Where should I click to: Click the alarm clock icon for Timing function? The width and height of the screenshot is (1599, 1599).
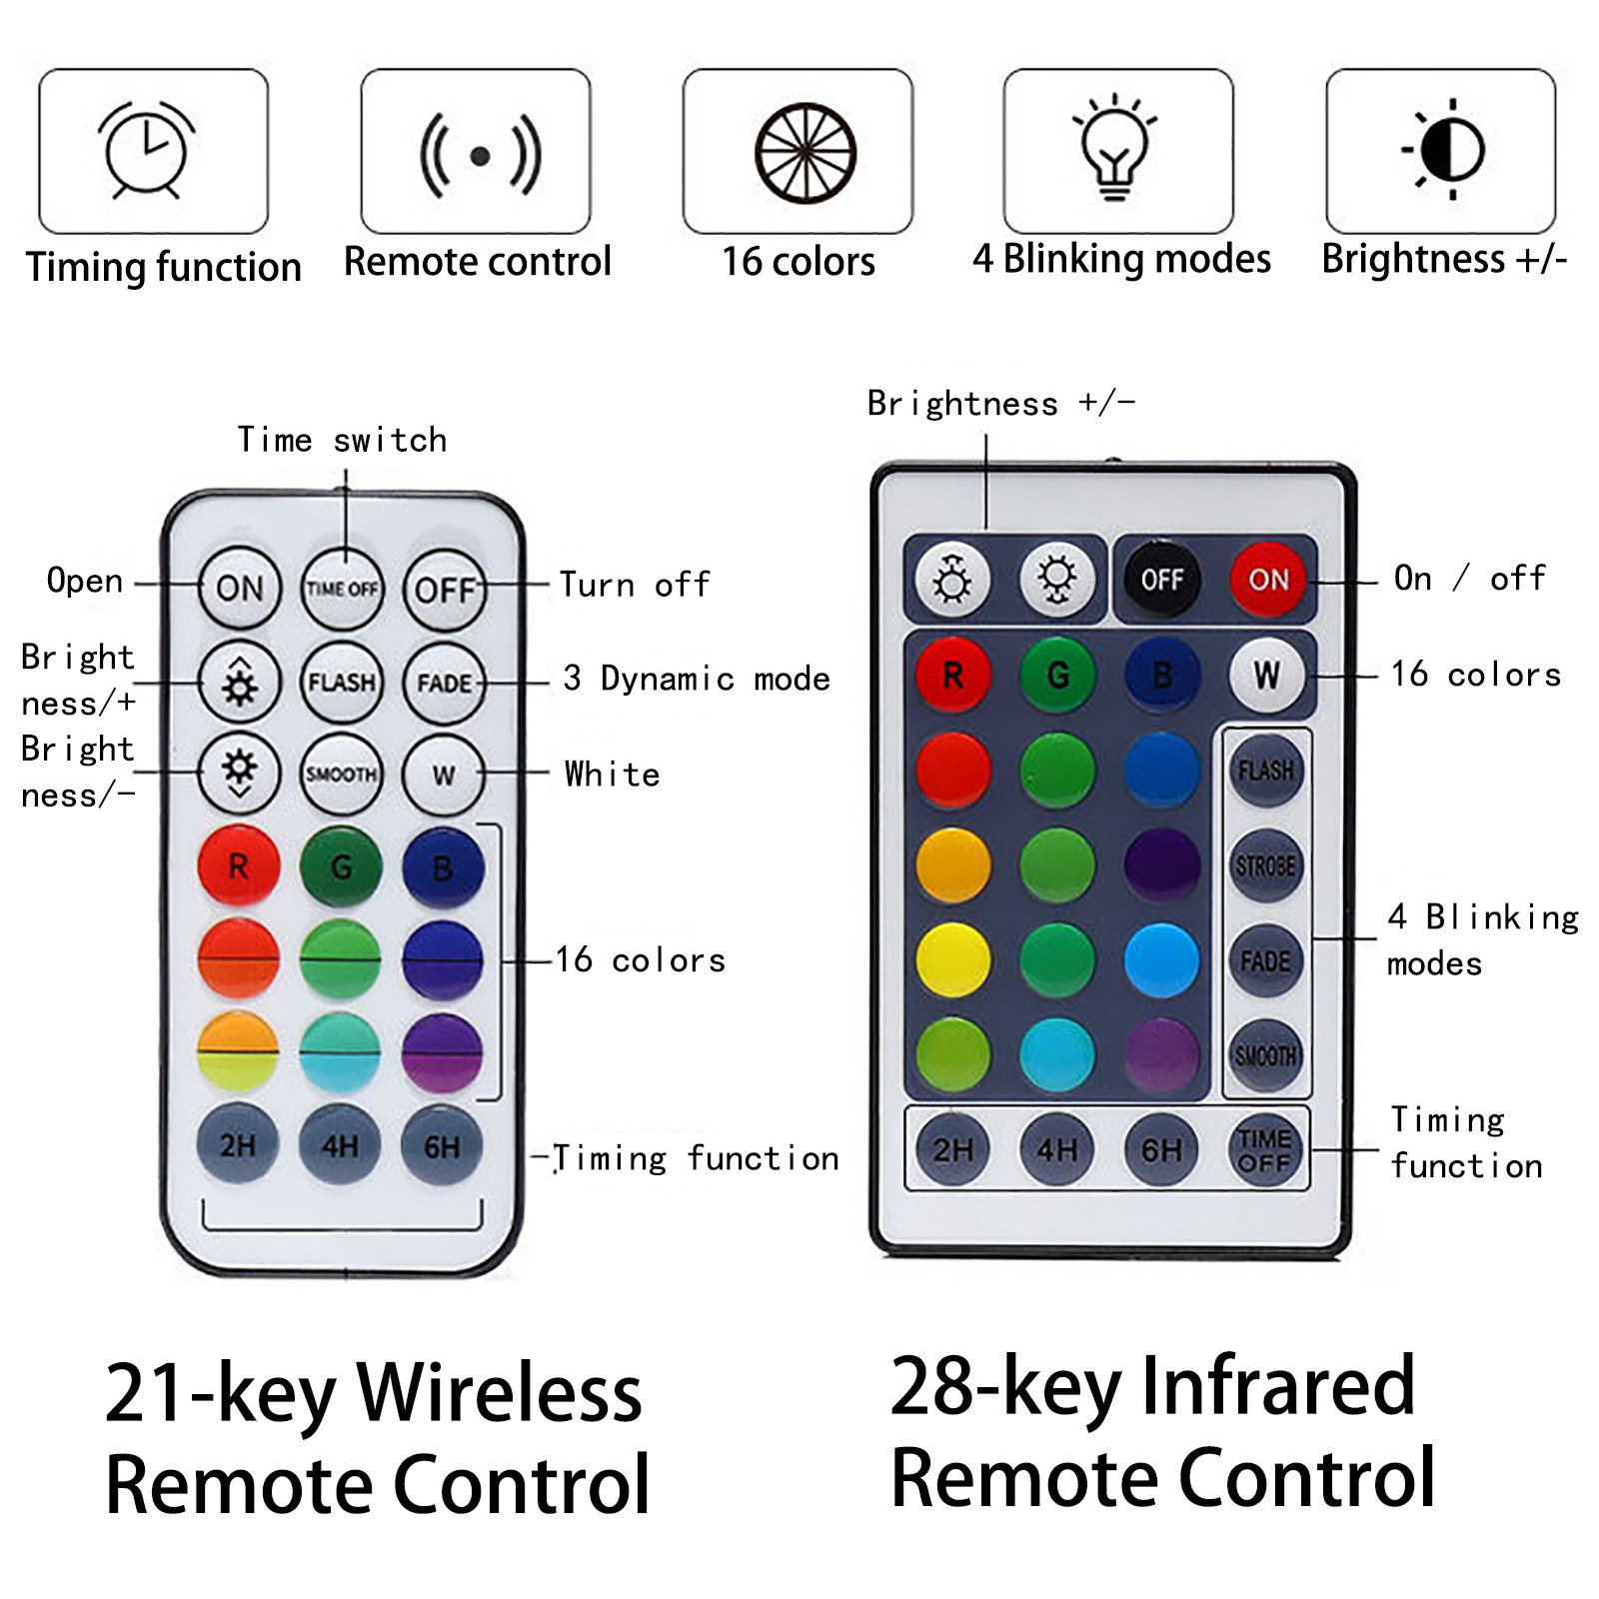click(x=147, y=150)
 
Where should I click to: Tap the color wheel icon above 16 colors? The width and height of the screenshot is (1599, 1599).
click(x=804, y=153)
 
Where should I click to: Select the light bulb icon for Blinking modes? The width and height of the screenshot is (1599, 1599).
click(x=1115, y=147)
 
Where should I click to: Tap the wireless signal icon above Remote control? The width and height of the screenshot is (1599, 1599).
click(x=480, y=156)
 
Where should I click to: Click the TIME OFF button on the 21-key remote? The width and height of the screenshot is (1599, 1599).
click(x=343, y=589)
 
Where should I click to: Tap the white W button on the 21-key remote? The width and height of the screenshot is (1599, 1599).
click(x=444, y=775)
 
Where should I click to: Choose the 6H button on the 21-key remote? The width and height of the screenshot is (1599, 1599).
click(x=442, y=1145)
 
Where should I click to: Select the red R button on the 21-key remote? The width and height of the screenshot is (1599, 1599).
click(x=238, y=865)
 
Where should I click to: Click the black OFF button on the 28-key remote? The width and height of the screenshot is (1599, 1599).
click(x=1162, y=580)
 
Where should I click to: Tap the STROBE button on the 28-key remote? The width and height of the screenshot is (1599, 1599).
click(x=1265, y=865)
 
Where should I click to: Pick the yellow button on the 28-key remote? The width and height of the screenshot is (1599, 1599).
click(x=953, y=960)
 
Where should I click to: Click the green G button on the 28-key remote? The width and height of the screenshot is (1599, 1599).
click(x=1057, y=676)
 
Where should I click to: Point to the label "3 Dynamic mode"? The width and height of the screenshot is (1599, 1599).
click(x=696, y=679)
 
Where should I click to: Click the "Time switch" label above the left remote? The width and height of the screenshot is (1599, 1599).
click(x=342, y=440)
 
